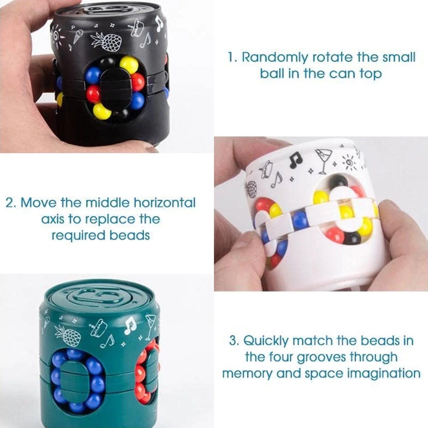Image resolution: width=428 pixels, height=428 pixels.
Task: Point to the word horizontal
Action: (x=165, y=203)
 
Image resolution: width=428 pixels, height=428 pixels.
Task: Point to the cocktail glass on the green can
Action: (x=150, y=325)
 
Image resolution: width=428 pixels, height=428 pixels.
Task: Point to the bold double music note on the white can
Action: (x=296, y=160)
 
